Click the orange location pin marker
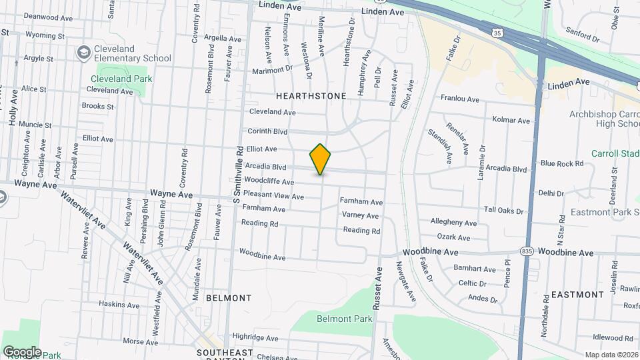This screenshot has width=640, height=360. click(320, 159)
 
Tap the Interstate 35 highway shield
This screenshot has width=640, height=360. click(497, 33)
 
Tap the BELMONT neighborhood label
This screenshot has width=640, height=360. click(229, 297)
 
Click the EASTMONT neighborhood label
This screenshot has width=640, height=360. click(577, 294)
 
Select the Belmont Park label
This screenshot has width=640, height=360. click(344, 319)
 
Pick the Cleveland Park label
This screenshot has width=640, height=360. click(121, 79)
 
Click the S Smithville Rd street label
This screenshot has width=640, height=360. click(236, 175)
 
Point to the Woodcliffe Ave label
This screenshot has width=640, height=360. click(269, 181)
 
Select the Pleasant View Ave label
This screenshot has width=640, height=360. click(273, 196)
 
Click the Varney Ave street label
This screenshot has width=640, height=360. click(360, 215)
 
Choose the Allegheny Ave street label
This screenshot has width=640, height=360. click(453, 222)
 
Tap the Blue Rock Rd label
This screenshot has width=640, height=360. click(561, 163)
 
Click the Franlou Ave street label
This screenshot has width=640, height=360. click(460, 99)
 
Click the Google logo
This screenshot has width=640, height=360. click(22, 351)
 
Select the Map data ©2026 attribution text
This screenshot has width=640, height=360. click(611, 355)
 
